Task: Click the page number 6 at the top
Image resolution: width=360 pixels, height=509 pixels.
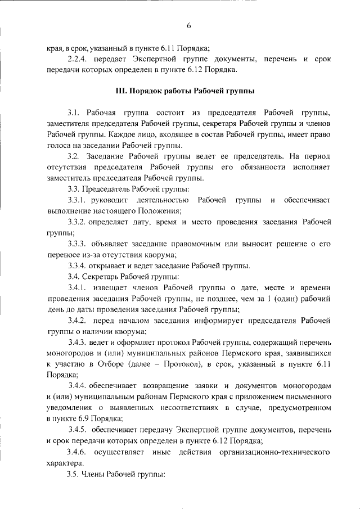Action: [x=189, y=25]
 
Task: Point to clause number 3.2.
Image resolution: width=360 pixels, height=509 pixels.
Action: [x=74, y=156]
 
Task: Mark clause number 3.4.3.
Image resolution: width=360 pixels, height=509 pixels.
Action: [x=79, y=342]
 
